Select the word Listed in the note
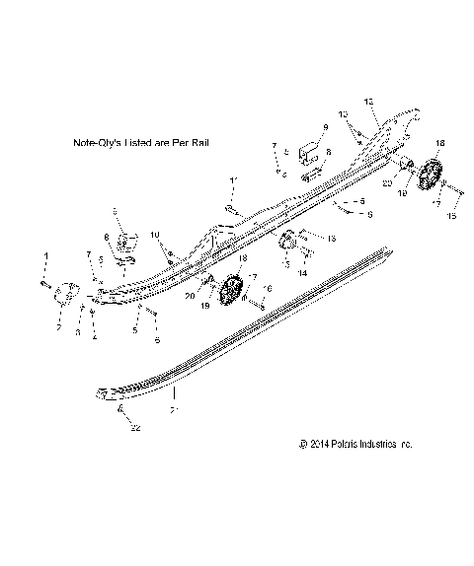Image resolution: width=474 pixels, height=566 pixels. tap(126, 142)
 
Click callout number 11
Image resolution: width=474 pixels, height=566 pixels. tap(234, 180)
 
